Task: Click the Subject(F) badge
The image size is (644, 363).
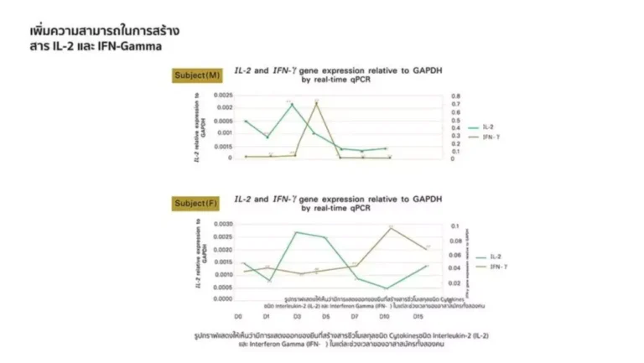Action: pyautogui.click(x=196, y=203)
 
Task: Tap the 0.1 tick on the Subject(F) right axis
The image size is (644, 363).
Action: pyautogui.click(x=455, y=226)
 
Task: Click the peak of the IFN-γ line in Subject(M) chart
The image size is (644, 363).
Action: pyautogui.click(x=316, y=102)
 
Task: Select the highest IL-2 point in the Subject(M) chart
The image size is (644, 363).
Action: pyautogui.click(x=292, y=104)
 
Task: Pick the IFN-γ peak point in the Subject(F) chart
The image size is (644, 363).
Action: pyautogui.click(x=389, y=227)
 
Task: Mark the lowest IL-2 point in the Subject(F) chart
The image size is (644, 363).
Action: pyautogui.click(x=387, y=288)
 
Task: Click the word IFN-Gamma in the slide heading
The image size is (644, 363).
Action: pyautogui.click(x=130, y=46)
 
